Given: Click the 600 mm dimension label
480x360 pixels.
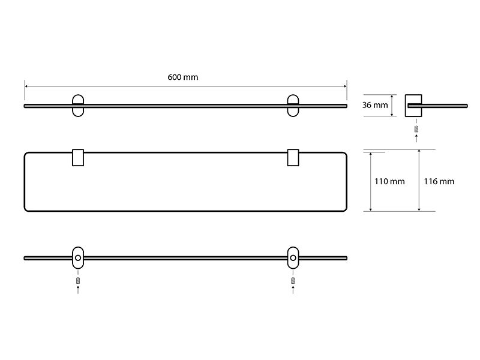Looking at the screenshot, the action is pyautogui.click(x=183, y=77).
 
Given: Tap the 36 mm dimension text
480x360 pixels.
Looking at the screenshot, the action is pyautogui.click(x=375, y=105).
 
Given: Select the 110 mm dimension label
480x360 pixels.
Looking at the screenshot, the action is pyautogui.click(x=389, y=182).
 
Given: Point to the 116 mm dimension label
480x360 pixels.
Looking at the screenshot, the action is pyautogui.click(x=439, y=182).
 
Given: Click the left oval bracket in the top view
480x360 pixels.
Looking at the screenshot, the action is pyautogui.click(x=73, y=106).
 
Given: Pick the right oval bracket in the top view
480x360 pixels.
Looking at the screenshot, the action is pyautogui.click(x=289, y=106).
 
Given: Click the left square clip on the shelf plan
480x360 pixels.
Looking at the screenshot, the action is pyautogui.click(x=73, y=158).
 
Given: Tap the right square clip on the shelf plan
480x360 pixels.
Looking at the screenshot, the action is pyautogui.click(x=288, y=158).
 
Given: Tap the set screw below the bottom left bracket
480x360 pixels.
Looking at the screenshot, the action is pyautogui.click(x=78, y=280).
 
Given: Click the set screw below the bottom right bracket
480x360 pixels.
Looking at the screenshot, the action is pyautogui.click(x=293, y=280).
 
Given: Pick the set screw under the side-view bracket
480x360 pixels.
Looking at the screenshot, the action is pyautogui.click(x=416, y=129).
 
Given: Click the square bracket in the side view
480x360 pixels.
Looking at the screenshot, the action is pyautogui.click(x=406, y=106).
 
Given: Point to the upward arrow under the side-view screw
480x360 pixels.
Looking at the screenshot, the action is pyautogui.click(x=416, y=138).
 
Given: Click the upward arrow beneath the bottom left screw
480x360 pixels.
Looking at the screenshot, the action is pyautogui.click(x=78, y=290).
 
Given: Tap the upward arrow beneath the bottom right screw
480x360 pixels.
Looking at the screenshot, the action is pyautogui.click(x=293, y=290).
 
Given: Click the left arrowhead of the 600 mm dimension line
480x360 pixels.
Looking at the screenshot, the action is pyautogui.click(x=26, y=86).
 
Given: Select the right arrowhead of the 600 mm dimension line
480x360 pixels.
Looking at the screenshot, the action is pyautogui.click(x=345, y=86).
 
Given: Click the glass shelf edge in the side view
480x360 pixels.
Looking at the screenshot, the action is pyautogui.click(x=438, y=106).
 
